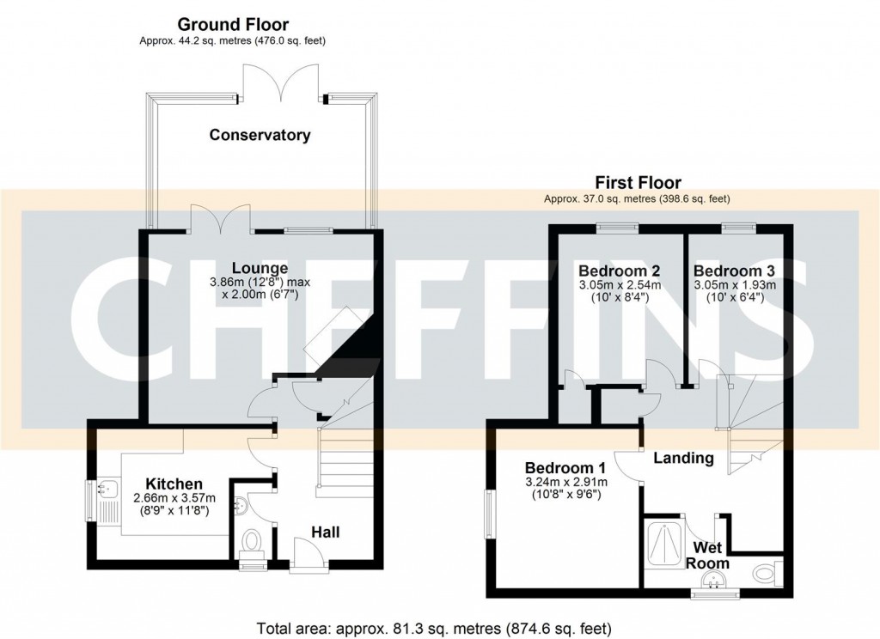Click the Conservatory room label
point(260,135)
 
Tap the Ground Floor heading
point(232,25)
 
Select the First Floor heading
point(638,182)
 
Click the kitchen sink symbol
point(107,490)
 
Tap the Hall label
point(325,532)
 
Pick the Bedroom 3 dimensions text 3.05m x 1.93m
point(734,285)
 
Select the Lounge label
point(260,268)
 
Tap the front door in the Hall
point(307,554)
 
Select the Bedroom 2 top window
point(618,227)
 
